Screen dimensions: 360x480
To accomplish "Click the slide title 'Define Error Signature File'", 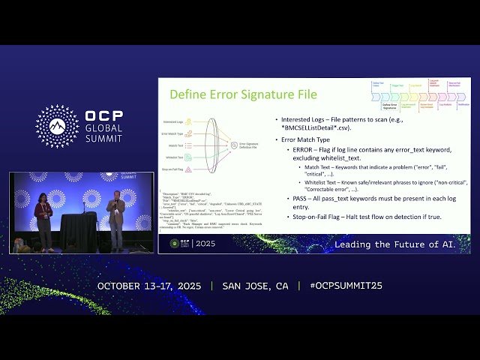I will (x=243, y=94).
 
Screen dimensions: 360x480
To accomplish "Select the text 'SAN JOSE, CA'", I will (x=255, y=286).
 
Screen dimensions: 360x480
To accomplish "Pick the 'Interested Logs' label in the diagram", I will (x=174, y=121).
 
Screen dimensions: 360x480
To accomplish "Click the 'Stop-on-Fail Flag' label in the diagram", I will (x=174, y=170).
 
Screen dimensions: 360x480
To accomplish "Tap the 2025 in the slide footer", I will (x=205, y=243).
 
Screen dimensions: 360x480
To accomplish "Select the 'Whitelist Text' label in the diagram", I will (x=174, y=158).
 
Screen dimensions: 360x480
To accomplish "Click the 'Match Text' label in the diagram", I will (x=175, y=145).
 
